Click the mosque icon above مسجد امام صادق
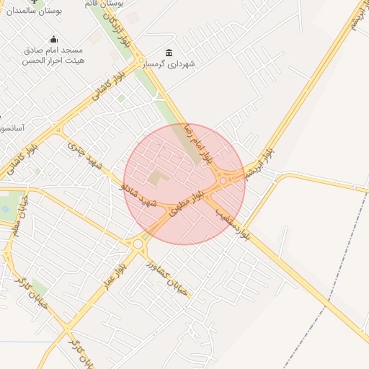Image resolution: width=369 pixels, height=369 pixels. (53, 40)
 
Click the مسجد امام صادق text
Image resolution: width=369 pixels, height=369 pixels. (53, 50)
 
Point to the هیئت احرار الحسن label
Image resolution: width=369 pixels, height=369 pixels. (53, 61)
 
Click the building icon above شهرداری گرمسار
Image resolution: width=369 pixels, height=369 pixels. (169, 53)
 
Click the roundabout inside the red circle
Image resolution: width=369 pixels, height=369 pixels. (224, 179)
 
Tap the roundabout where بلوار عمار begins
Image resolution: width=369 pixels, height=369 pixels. (138, 244)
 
